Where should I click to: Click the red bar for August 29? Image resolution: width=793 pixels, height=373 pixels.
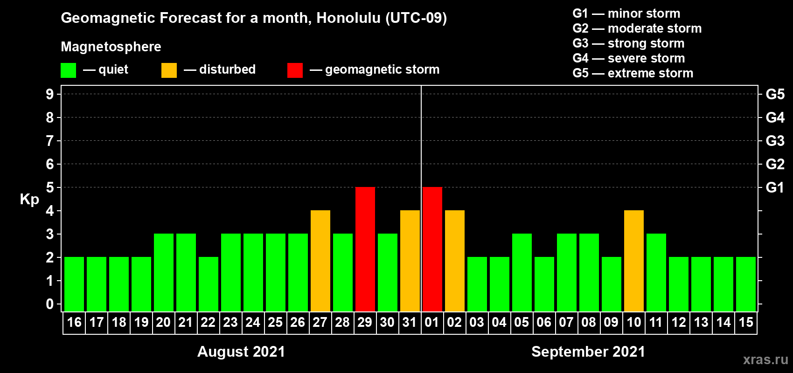[365, 249]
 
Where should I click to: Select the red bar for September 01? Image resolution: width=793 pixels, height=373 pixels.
[432, 249]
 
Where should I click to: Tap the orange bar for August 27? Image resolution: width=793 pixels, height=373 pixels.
[320, 261]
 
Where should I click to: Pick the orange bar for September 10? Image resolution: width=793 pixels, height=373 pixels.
[633, 261]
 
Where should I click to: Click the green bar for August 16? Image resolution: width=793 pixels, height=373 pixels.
[74, 284]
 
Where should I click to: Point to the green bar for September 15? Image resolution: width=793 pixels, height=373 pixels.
[746, 284]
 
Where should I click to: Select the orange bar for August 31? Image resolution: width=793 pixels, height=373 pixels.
[410, 261]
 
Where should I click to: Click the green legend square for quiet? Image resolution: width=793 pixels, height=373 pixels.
[68, 70]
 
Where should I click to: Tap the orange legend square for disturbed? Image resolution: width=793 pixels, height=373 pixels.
[169, 70]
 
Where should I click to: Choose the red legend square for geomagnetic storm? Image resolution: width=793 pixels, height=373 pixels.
[295, 70]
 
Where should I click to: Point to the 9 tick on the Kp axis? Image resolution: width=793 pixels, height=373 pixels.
[49, 94]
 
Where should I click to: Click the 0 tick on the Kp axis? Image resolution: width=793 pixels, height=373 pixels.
[49, 304]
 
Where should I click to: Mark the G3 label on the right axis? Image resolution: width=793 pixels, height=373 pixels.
[775, 141]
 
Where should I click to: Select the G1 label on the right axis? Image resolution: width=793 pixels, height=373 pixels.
[775, 187]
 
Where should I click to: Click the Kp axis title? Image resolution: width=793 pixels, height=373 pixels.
[29, 200]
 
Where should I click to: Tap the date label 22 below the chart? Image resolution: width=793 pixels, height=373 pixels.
[208, 322]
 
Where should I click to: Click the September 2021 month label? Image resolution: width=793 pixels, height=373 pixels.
[588, 352]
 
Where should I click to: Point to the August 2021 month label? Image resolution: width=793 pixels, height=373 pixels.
[241, 352]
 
